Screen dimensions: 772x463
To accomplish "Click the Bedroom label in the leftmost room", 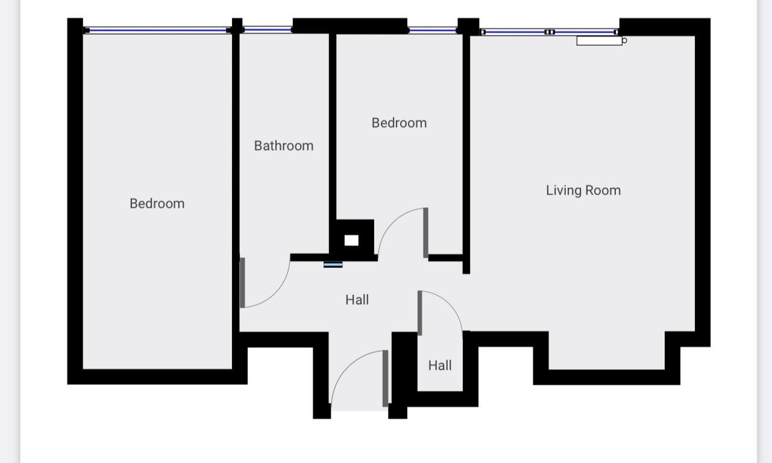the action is [x=157, y=204].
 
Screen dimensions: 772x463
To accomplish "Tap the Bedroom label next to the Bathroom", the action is [x=399, y=123].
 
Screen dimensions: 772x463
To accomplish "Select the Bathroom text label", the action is [x=284, y=146].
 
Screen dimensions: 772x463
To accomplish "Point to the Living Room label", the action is [x=583, y=190].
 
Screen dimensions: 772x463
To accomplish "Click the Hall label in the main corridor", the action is [x=357, y=300].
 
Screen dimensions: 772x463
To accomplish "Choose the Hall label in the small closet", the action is [x=440, y=365].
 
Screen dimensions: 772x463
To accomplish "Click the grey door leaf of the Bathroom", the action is [x=242, y=282].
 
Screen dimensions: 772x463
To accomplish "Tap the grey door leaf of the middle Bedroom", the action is [x=426, y=233].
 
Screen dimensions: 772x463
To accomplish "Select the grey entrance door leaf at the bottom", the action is [x=385, y=379].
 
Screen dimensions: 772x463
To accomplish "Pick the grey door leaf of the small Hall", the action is [x=420, y=313].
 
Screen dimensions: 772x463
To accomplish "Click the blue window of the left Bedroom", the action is [x=157, y=31].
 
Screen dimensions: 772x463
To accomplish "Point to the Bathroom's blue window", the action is [x=268, y=30].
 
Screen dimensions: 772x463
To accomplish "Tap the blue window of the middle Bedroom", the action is [x=433, y=31].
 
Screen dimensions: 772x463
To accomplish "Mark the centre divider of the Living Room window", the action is [x=550, y=32].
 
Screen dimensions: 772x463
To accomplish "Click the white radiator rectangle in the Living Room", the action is [x=599, y=40].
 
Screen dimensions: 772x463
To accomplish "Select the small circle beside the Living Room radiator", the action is [x=624, y=40].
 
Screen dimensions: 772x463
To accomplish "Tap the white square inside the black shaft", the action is [x=351, y=240].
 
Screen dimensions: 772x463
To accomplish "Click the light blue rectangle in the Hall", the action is [x=333, y=265].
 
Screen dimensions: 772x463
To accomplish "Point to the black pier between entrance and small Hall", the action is [x=404, y=368].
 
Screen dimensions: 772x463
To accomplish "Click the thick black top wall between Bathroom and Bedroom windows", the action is [x=350, y=26].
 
